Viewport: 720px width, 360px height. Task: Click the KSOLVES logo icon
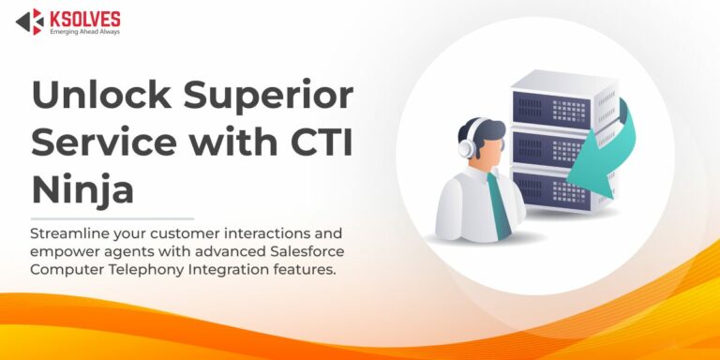(29, 22)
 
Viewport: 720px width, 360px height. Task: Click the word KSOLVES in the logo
(83, 16)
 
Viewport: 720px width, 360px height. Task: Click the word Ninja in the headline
(82, 190)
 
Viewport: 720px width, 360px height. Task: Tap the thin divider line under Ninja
(112, 218)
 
